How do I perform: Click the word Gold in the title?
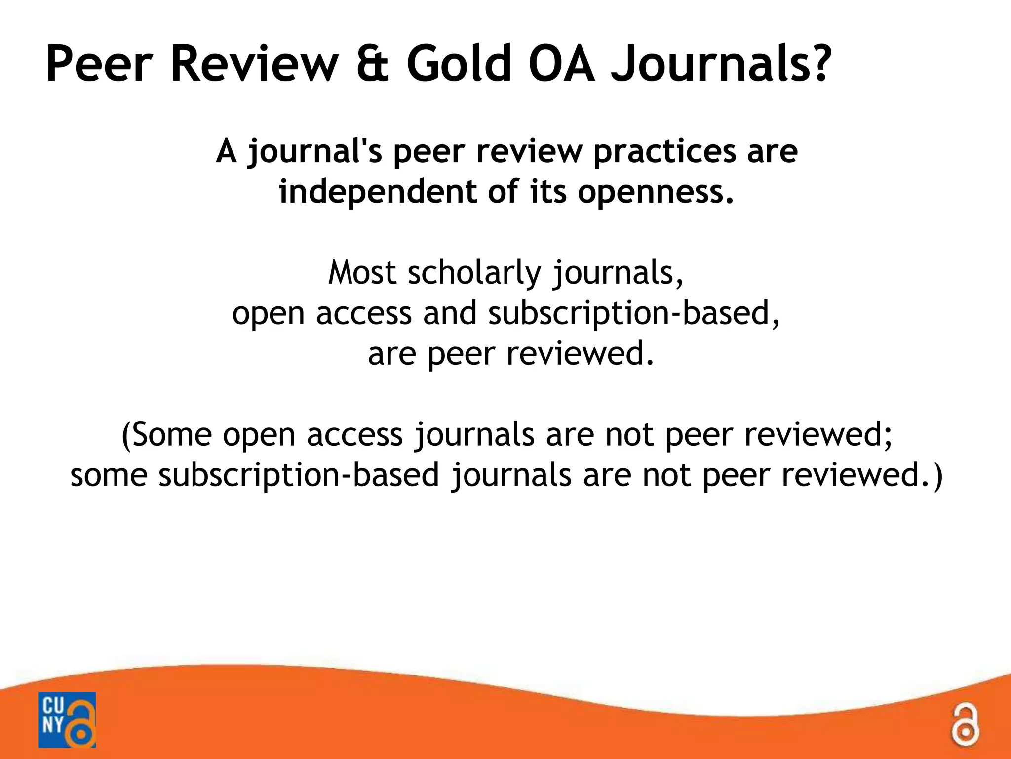point(459,65)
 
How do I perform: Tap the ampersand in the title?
point(372,65)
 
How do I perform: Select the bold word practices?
point(664,152)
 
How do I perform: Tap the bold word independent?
point(378,192)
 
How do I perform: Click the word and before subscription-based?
point(450,313)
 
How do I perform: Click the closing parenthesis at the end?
point(936,475)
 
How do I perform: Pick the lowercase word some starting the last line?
point(109,475)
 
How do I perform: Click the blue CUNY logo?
point(67,719)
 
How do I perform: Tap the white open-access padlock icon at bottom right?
point(966,725)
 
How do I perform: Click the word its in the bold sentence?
point(548,192)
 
